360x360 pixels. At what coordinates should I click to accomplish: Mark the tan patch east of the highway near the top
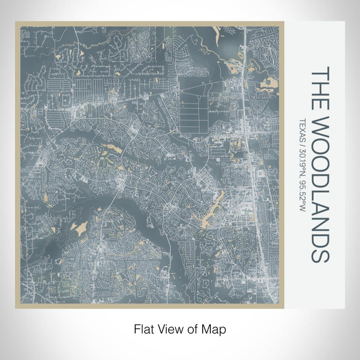tap(268, 82)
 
